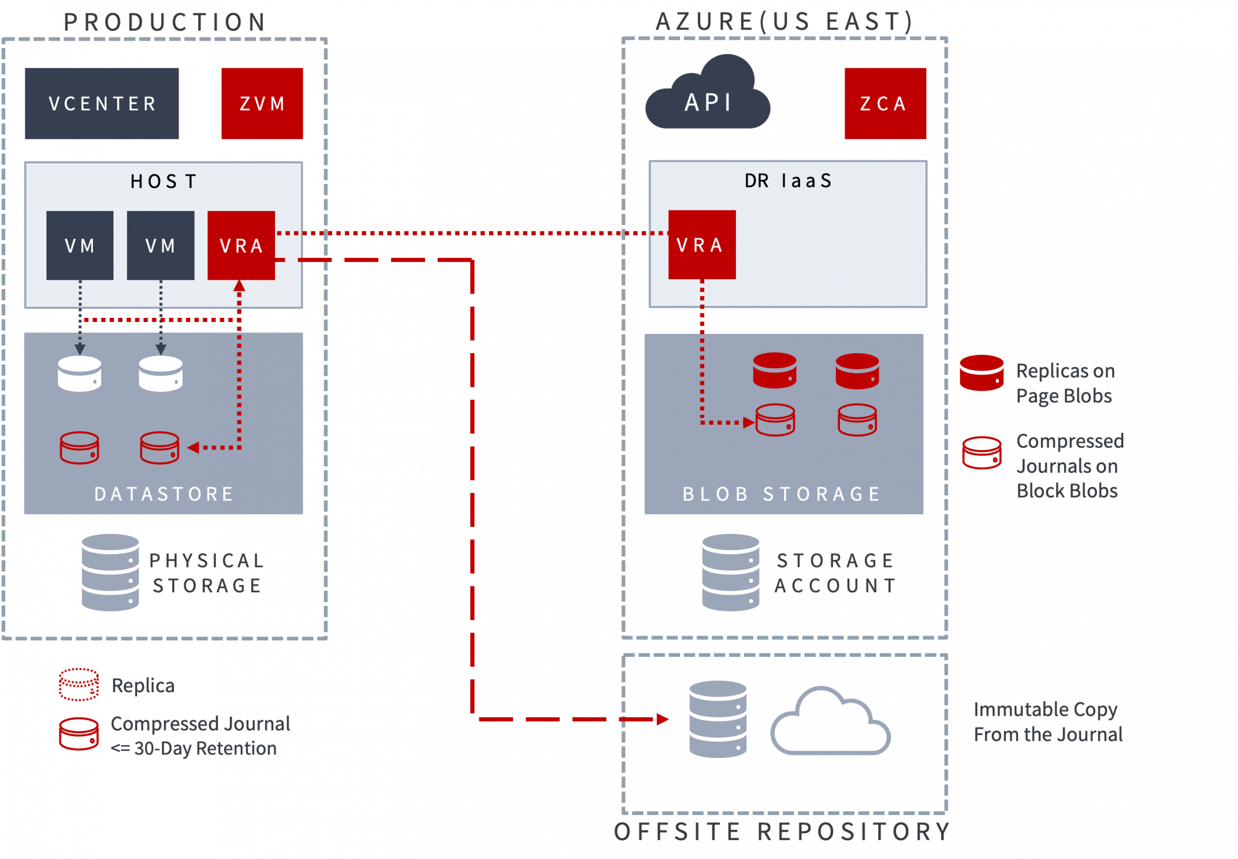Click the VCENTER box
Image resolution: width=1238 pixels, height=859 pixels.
(x=102, y=103)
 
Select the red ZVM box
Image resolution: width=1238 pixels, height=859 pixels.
(x=262, y=103)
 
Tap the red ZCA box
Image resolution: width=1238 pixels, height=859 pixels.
(x=885, y=103)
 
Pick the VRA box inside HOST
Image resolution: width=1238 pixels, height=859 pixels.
(x=241, y=245)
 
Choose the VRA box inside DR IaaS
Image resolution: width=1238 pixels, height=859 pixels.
(x=701, y=244)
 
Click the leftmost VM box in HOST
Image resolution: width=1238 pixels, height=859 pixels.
(x=80, y=245)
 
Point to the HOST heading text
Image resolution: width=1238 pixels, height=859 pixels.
(x=163, y=182)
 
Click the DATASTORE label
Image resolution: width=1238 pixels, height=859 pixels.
(x=164, y=494)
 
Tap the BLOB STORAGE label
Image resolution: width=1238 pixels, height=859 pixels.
(x=782, y=494)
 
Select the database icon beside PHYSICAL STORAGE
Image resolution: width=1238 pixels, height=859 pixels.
(x=111, y=572)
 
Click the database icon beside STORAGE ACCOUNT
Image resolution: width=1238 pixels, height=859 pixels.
(x=730, y=572)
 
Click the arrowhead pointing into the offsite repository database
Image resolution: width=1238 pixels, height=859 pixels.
(x=663, y=719)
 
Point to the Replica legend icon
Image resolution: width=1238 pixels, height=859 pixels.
(x=79, y=684)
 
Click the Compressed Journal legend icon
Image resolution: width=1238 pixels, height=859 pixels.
(x=79, y=734)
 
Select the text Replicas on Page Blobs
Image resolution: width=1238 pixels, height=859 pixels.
(x=1065, y=383)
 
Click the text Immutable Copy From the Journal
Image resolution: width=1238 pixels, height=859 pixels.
(x=1048, y=722)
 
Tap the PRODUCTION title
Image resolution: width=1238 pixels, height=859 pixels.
(x=165, y=22)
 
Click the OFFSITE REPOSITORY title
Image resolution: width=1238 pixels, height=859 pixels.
(x=782, y=831)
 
